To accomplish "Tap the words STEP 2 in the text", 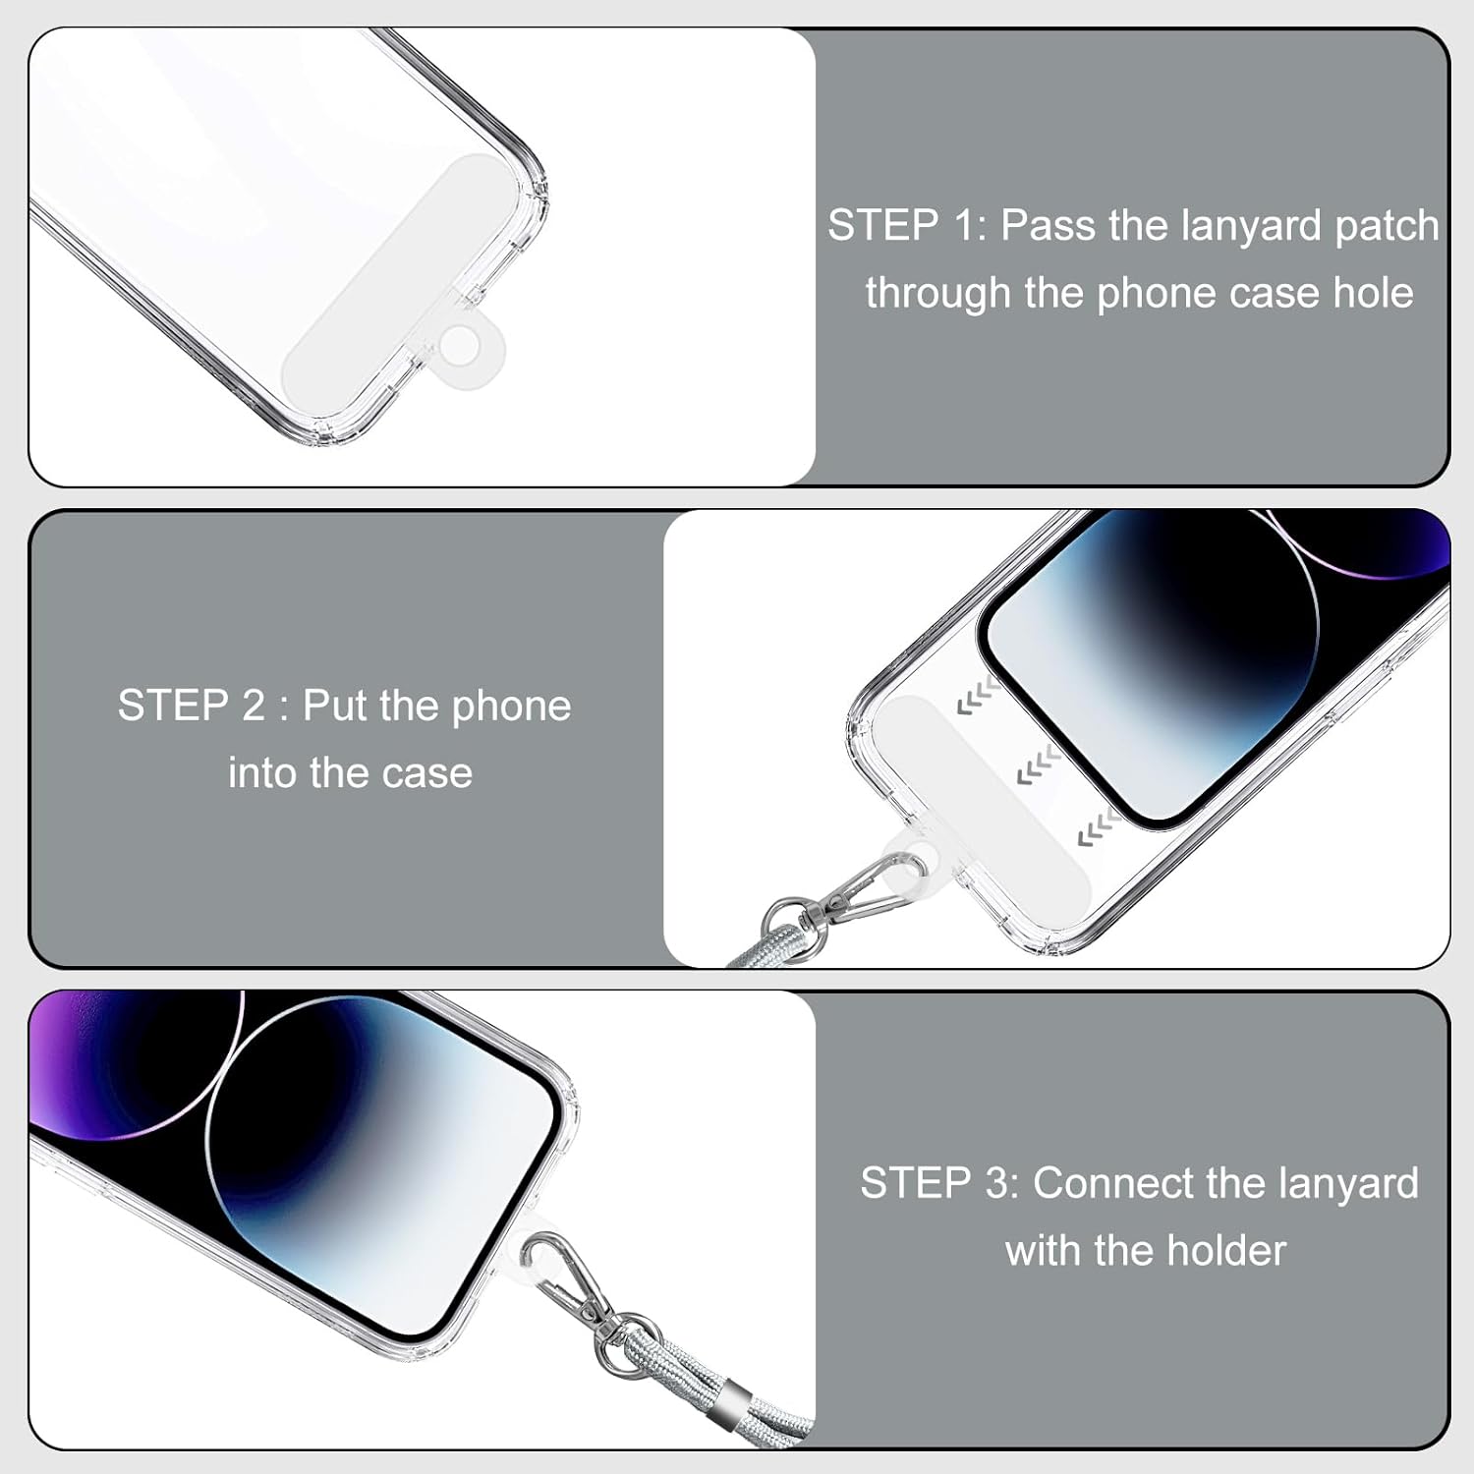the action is [x=192, y=706].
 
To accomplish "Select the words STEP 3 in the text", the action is [x=940, y=1183].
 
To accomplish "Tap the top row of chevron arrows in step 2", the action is [x=979, y=696].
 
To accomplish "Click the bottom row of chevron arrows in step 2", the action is [x=1100, y=828].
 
